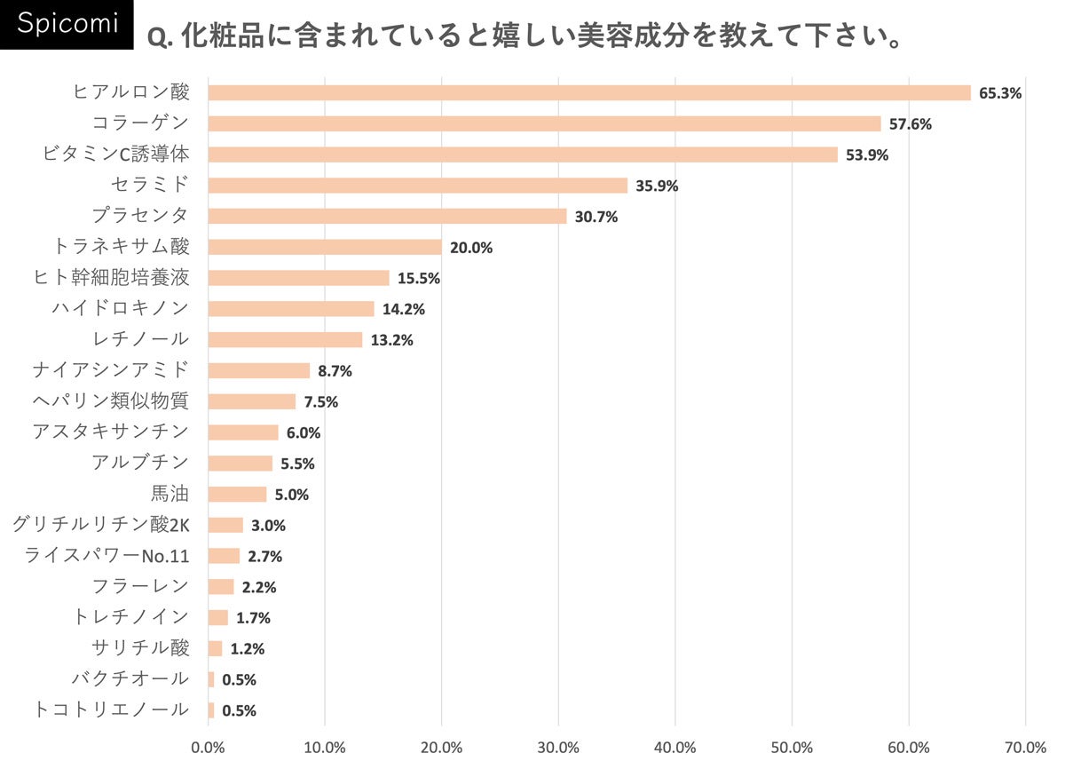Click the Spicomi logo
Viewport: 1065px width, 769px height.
click(67, 24)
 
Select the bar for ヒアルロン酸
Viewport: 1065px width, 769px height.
click(589, 92)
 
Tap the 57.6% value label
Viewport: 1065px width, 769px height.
click(910, 123)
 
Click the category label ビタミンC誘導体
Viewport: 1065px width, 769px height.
click(115, 155)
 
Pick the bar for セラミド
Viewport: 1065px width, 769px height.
click(417, 186)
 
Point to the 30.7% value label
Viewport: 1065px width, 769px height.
click(596, 217)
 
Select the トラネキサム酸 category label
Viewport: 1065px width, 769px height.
click(122, 247)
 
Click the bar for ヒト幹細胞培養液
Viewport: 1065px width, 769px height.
click(298, 278)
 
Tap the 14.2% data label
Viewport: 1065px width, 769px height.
click(403, 309)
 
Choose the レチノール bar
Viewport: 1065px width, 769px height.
click(285, 340)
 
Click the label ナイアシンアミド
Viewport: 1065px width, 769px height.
click(110, 370)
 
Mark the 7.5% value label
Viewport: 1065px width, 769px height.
click(320, 401)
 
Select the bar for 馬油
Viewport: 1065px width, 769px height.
click(237, 494)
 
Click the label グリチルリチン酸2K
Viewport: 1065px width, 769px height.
click(100, 525)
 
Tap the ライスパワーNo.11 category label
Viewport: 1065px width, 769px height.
click(106, 556)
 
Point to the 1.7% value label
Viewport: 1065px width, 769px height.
click(253, 617)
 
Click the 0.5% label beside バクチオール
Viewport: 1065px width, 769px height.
click(239, 679)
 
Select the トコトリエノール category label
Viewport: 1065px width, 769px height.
click(110, 710)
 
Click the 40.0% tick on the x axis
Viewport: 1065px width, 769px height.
click(675, 748)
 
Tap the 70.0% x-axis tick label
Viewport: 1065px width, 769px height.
click(1025, 748)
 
